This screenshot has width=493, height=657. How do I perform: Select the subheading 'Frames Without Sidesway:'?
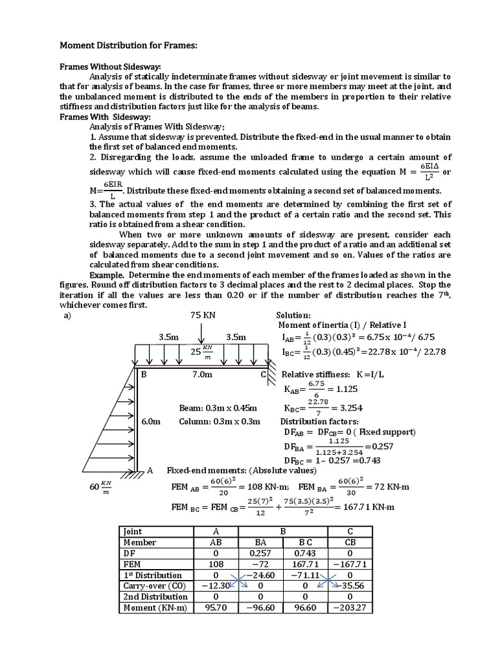110,66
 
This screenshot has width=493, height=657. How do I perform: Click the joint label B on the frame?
144,374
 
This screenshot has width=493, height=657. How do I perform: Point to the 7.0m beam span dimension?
202,374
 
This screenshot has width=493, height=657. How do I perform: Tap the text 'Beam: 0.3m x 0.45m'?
218,408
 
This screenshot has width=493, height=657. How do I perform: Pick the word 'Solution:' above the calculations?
293,316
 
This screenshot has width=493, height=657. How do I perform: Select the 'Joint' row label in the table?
132,532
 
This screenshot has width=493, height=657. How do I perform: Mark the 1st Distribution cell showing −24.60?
259,575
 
